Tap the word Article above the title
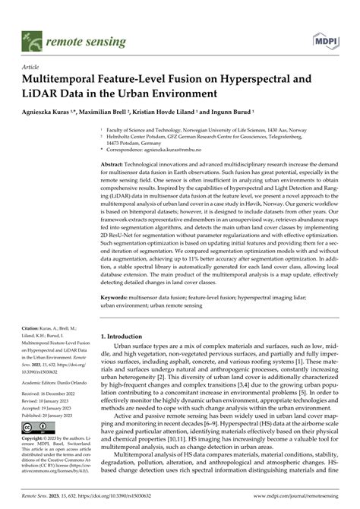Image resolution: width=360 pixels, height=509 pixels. pyautogui.click(x=33, y=67)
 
